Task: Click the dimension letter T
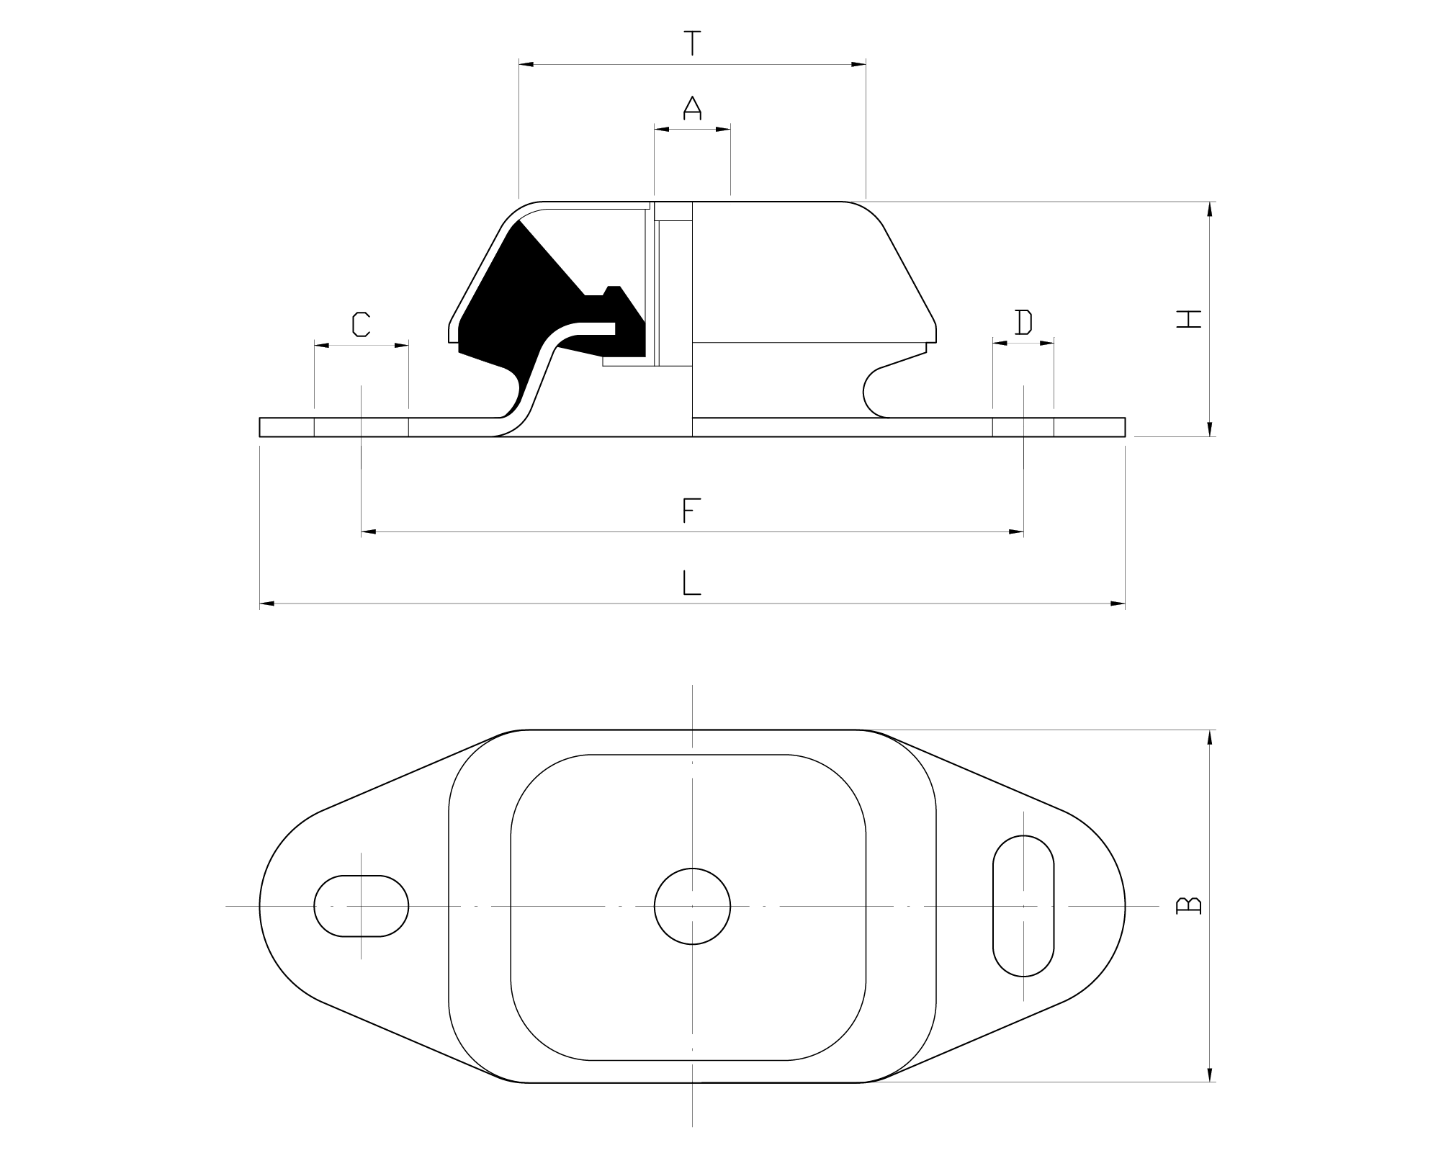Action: tap(692, 43)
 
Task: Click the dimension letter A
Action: tap(692, 107)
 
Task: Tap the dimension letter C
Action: tap(361, 325)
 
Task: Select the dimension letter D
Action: tap(1023, 323)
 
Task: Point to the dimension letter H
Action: tap(1189, 319)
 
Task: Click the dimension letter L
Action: tap(691, 583)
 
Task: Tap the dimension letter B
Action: tap(1188, 905)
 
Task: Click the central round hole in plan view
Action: tap(692, 906)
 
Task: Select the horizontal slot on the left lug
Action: tap(361, 906)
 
